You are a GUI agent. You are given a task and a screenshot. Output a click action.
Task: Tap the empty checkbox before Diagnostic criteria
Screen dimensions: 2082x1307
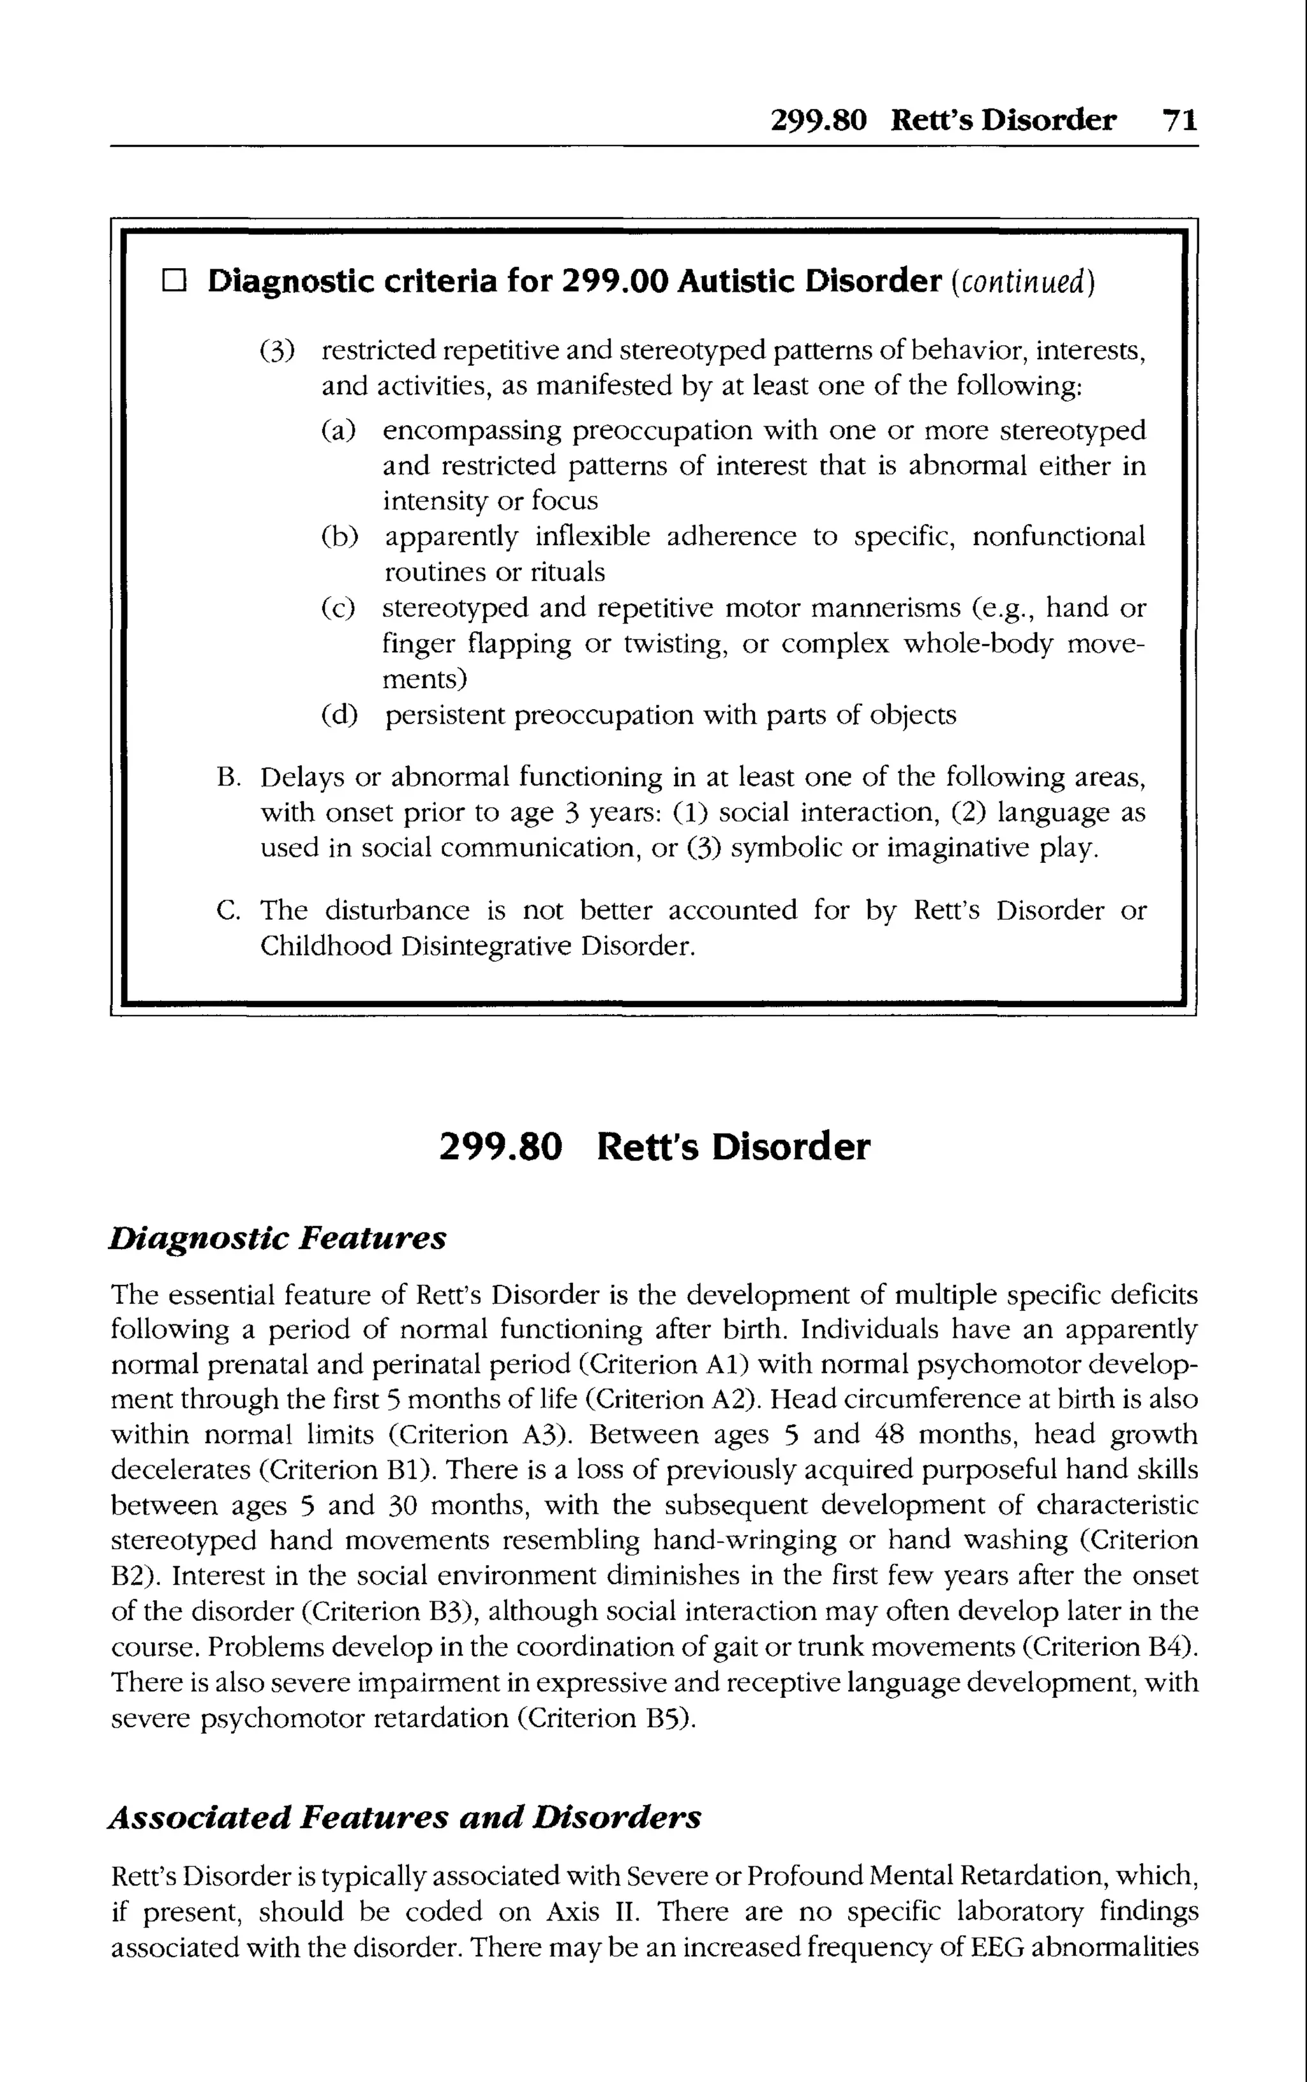pos(174,281)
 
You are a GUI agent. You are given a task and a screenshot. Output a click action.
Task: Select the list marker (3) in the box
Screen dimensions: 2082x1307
pos(276,351)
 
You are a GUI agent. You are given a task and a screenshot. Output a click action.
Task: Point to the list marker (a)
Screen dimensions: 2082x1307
pos(338,430)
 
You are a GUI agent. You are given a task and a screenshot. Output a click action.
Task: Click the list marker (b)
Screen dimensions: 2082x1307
pos(339,537)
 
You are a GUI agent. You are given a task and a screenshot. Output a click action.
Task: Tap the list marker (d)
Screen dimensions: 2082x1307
pos(339,715)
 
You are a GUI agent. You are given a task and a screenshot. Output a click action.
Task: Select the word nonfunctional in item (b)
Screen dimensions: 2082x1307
pos(1058,537)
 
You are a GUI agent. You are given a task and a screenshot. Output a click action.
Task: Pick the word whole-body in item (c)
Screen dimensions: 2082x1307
pos(978,644)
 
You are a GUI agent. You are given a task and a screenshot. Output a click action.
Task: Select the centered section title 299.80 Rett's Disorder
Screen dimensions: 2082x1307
pos(654,1147)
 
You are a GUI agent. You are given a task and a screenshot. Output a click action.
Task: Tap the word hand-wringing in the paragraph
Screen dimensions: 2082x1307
pos(744,1540)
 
